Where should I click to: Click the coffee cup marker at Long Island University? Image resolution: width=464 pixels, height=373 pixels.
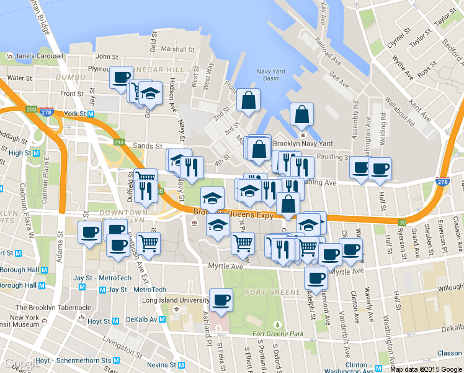(221, 300)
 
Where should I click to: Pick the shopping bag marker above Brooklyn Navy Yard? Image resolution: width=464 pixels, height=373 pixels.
(301, 114)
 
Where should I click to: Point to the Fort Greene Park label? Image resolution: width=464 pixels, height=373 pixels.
(279, 334)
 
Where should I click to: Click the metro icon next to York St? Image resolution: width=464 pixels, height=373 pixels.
(91, 114)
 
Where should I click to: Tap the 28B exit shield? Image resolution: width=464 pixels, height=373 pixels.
(32, 109)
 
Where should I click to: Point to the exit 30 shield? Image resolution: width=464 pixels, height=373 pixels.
(402, 222)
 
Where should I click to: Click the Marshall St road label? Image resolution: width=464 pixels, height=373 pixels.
(177, 49)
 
